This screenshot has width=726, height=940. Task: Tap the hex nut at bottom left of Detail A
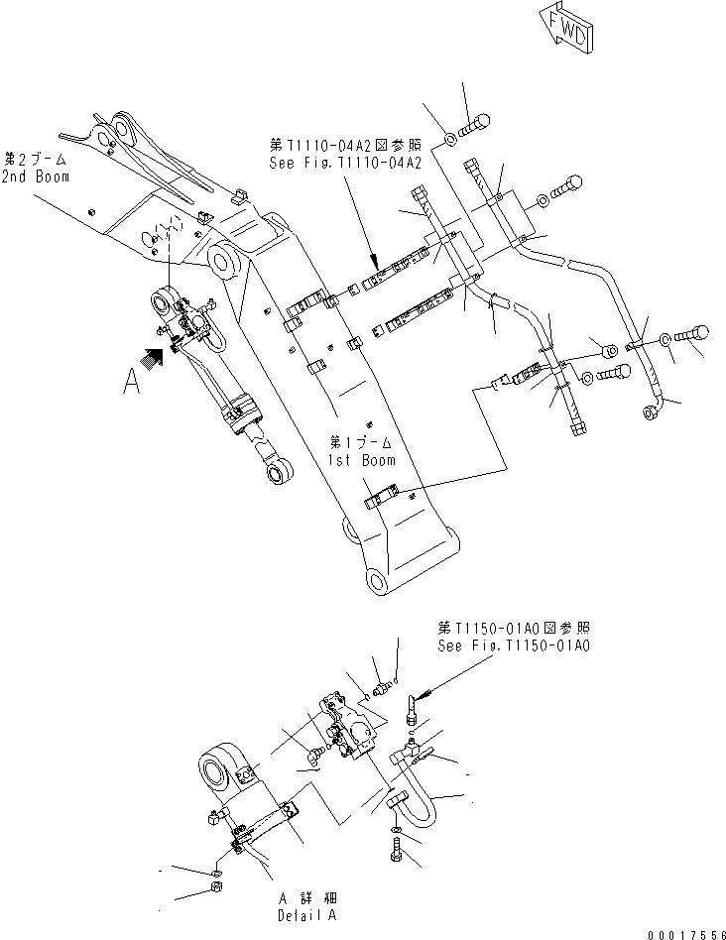(217, 885)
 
